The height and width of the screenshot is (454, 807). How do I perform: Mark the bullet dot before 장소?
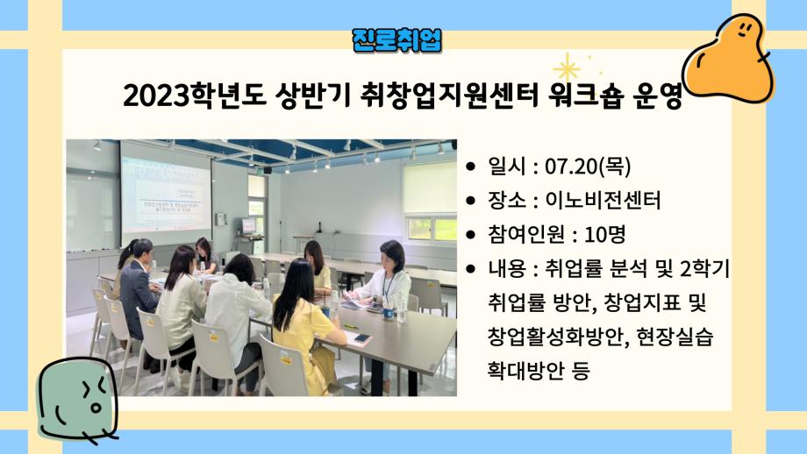[472, 201]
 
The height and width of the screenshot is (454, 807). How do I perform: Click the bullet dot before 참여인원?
[472, 235]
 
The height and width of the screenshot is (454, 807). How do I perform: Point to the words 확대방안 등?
[538, 371]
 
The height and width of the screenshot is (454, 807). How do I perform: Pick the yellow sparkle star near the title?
[568, 67]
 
